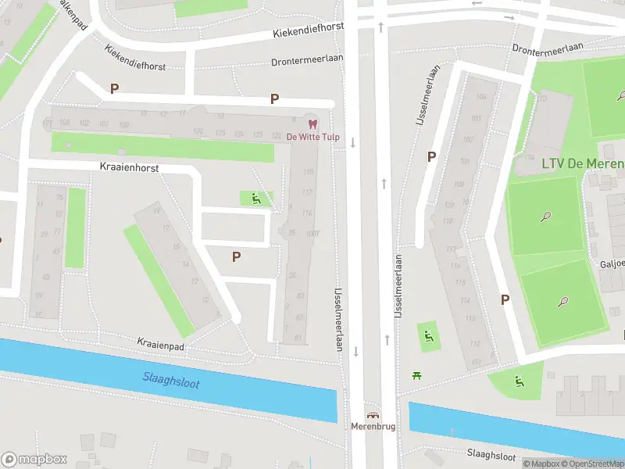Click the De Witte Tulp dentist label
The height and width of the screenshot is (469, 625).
312,137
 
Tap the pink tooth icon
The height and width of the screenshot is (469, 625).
313,124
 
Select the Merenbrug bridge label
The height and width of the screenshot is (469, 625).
373,427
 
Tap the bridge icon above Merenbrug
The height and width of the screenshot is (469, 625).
373,415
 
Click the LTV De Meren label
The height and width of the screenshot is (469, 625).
582,163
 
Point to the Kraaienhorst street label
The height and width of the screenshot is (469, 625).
130,167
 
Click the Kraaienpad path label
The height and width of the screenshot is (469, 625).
160,342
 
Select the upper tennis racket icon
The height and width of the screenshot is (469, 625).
545,217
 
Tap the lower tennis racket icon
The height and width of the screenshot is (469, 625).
562,302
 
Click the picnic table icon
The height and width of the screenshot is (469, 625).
418,376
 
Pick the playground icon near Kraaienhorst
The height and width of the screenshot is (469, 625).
256,199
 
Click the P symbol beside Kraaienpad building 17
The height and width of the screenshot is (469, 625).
236,256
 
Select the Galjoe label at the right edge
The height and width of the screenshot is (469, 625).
612,263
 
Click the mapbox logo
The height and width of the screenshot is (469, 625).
34,460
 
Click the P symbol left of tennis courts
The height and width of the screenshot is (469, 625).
505,299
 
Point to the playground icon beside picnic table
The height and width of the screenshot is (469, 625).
428,337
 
